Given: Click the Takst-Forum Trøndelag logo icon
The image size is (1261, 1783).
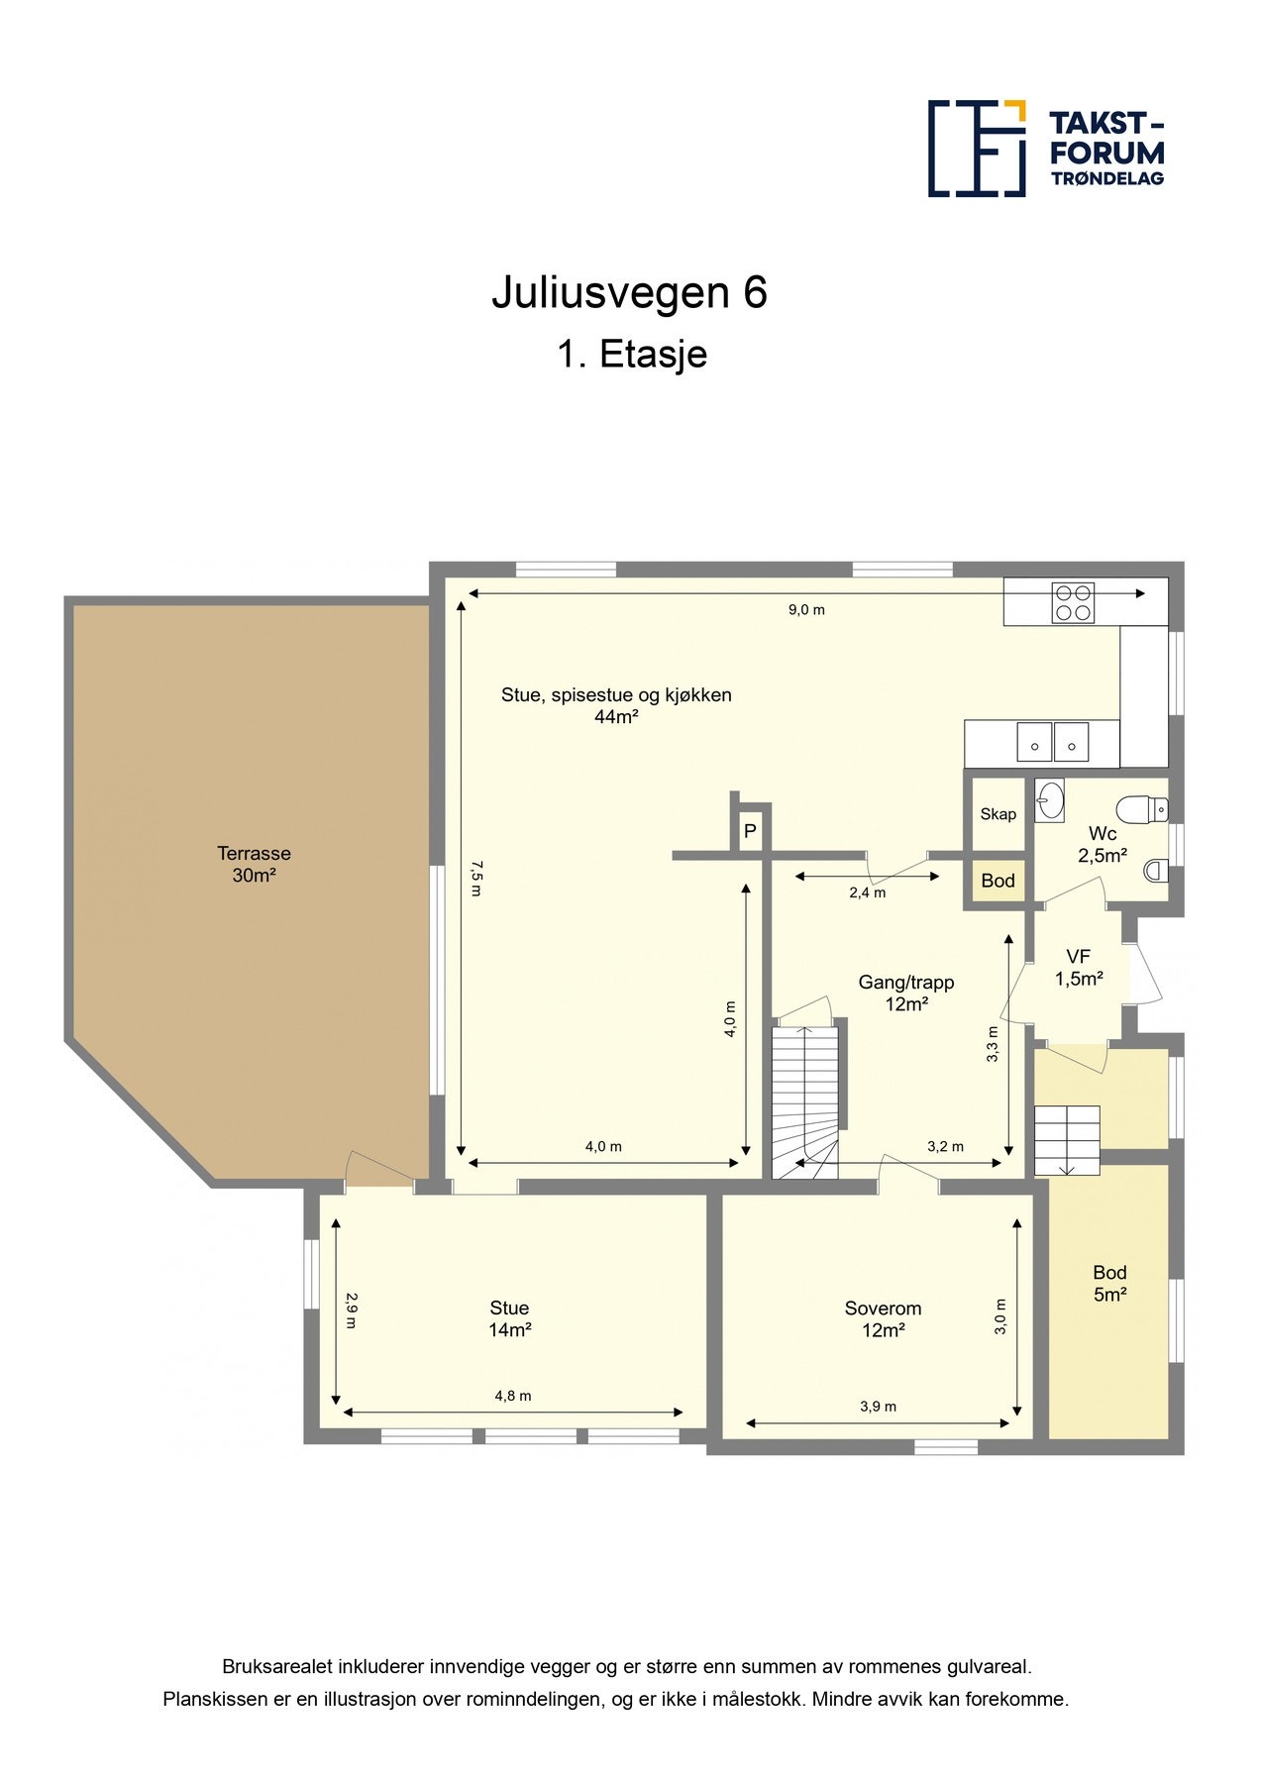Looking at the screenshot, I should (976, 149).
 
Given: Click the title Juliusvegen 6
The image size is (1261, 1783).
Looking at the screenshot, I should (629, 293).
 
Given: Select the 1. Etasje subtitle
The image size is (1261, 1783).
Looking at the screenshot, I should (631, 355).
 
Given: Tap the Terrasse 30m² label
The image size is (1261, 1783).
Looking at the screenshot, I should (254, 864).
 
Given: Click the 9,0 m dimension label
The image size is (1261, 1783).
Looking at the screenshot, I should (806, 610).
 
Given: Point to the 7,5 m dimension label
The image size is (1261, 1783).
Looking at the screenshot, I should (475, 878).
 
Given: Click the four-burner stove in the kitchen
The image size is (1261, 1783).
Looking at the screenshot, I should (1073, 602).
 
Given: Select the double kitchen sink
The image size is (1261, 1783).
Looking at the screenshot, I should (1052, 742).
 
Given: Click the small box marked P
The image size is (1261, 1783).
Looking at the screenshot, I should (750, 831).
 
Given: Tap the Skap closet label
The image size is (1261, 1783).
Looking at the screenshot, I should (998, 814).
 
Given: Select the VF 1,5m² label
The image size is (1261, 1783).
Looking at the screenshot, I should (1078, 968).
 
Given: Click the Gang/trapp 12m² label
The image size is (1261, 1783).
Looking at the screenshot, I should (905, 993).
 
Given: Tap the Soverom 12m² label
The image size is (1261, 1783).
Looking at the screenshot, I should (882, 1318).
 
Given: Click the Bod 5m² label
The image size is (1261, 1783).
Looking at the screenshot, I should (1109, 1283).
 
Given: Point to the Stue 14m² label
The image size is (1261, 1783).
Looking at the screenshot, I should (509, 1318).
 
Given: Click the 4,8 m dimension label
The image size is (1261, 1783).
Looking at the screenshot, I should (513, 1396).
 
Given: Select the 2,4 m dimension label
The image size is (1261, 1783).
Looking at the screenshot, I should (867, 892).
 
